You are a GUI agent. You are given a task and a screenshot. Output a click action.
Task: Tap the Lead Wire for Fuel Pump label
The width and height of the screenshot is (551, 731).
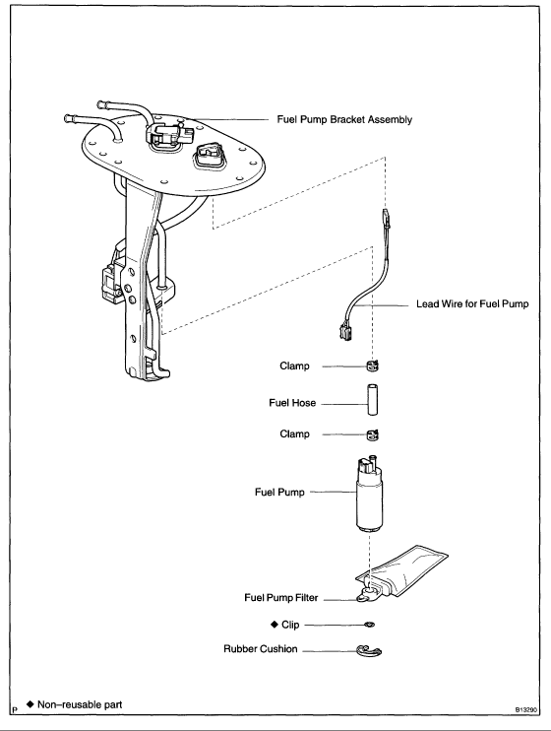pos(473,305)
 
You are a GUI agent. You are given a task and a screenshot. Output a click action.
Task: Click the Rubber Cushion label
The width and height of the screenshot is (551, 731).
pos(260,649)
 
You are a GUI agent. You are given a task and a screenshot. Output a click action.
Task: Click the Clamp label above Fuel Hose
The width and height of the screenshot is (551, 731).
pos(295,366)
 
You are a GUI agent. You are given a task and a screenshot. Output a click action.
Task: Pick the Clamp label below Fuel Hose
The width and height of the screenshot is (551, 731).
pos(295,433)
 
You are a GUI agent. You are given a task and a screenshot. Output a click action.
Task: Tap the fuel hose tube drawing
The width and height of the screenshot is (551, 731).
pos(372,402)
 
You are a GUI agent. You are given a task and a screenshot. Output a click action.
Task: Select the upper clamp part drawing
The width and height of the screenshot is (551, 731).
pos(373,367)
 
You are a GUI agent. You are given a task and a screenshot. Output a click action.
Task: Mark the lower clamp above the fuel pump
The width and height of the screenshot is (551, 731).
pos(373,434)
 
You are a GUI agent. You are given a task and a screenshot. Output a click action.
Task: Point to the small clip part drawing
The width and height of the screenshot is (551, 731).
pos(368,625)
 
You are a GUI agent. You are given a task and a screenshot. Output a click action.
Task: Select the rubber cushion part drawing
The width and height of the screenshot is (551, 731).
pos(368,649)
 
